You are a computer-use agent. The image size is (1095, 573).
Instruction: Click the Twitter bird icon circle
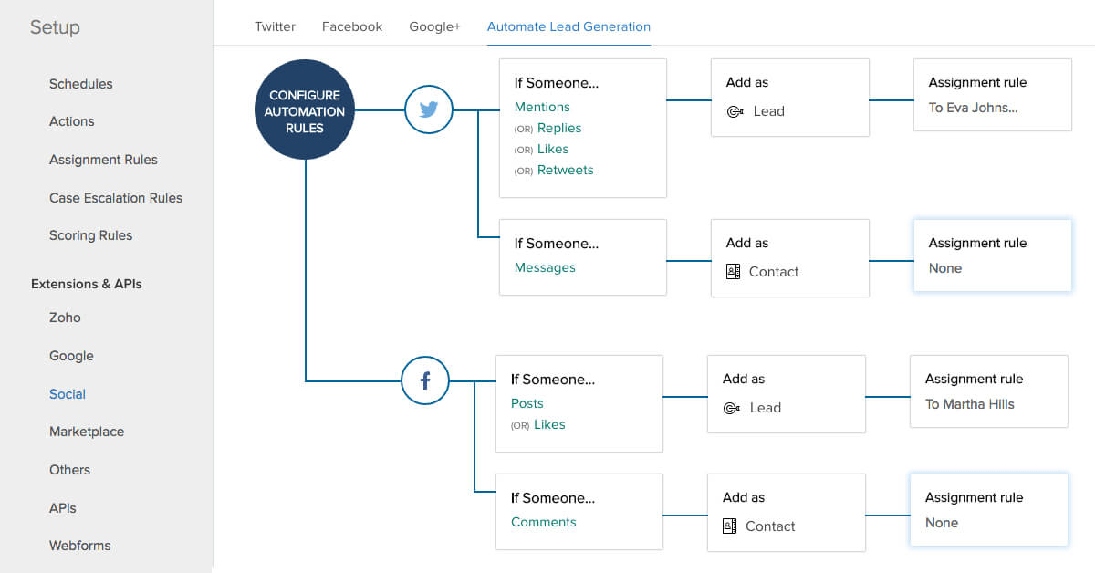(x=429, y=109)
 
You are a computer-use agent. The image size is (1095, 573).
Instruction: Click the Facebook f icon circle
(x=425, y=380)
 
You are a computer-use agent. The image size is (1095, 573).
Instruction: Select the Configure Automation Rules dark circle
(x=305, y=111)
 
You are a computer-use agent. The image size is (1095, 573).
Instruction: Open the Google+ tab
(x=434, y=26)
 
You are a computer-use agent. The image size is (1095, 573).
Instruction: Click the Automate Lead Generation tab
(x=568, y=26)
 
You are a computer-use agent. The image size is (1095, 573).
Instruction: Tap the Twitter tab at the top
(x=275, y=26)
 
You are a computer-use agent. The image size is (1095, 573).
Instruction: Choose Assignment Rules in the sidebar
(x=103, y=160)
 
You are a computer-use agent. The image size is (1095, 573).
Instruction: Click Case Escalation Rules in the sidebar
(x=116, y=198)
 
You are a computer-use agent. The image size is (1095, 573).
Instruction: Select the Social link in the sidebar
(x=68, y=394)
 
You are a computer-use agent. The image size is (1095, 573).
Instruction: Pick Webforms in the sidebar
(x=80, y=546)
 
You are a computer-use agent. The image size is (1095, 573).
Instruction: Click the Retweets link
(x=565, y=170)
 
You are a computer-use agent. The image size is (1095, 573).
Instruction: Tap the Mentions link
(x=542, y=107)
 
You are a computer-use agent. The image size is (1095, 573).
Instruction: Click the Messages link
(x=545, y=267)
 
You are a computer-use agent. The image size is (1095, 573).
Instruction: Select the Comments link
(x=544, y=522)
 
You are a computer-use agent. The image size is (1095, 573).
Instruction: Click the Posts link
(x=527, y=403)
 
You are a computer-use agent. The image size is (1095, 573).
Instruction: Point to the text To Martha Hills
(x=969, y=404)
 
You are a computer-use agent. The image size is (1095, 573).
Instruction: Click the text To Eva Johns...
(x=973, y=108)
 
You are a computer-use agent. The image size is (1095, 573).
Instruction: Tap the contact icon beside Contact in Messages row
(x=733, y=271)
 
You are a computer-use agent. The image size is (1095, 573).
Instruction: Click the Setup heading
(x=55, y=27)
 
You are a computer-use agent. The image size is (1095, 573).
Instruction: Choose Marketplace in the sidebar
(x=87, y=432)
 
